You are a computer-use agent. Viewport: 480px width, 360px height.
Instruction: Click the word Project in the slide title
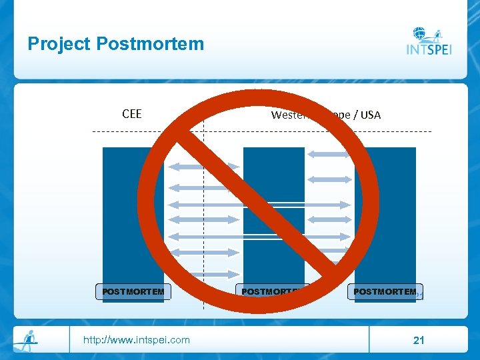(x=59, y=45)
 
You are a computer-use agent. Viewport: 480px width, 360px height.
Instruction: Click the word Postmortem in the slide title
(x=150, y=45)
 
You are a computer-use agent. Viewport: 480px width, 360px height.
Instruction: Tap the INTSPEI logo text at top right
(x=429, y=49)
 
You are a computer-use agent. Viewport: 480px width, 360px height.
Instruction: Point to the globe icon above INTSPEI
(x=420, y=33)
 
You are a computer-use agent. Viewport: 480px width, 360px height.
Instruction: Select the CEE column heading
(x=132, y=113)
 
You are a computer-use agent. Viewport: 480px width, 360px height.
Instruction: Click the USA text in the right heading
(x=369, y=115)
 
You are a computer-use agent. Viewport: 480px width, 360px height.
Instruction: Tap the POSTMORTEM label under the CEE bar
(x=133, y=291)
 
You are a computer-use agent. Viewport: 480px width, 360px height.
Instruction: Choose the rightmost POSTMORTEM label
(x=385, y=291)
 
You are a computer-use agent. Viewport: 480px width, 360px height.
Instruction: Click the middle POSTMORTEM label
(x=270, y=291)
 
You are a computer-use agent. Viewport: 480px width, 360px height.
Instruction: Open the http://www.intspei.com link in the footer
(x=136, y=340)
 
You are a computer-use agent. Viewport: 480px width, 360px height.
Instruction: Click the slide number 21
(x=419, y=341)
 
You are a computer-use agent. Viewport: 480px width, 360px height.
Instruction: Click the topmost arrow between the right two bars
(x=329, y=154)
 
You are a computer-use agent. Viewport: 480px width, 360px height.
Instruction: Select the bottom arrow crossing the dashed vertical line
(x=203, y=274)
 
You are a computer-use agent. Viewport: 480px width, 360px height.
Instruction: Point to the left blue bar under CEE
(x=133, y=213)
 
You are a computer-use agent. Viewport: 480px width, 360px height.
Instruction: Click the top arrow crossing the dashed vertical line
(x=203, y=166)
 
